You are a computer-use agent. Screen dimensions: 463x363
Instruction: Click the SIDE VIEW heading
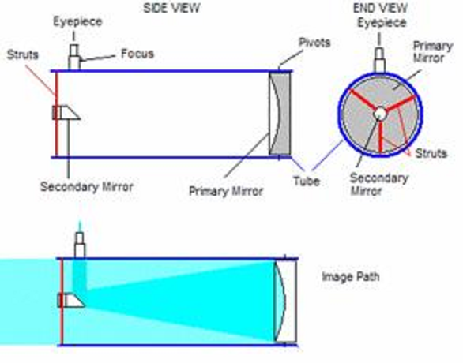coord(171,8)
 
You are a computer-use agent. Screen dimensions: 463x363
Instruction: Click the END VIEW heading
coord(380,8)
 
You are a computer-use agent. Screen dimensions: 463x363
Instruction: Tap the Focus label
coord(137,54)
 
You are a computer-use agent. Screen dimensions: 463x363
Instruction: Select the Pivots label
coord(314,43)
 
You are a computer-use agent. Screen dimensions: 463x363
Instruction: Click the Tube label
coord(307,181)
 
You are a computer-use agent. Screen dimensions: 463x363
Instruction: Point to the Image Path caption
coord(351,277)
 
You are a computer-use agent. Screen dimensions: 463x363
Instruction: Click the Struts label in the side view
coord(23,55)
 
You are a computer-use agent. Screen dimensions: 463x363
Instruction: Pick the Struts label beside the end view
coord(431,153)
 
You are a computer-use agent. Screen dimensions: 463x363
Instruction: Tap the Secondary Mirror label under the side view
coord(87,187)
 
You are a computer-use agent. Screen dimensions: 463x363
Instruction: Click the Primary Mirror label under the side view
coord(226,192)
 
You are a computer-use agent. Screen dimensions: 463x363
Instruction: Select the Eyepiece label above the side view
coord(77,21)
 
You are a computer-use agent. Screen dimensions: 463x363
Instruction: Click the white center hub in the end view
coord(380,114)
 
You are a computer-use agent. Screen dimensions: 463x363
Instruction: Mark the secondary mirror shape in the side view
coord(66,113)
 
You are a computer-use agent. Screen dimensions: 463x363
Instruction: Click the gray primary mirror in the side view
coord(283,113)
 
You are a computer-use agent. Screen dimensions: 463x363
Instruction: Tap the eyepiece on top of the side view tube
coord(73,57)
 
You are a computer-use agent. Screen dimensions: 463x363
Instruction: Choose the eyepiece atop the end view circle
coord(379,61)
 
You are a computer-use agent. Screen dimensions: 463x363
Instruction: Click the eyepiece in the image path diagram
coord(80,245)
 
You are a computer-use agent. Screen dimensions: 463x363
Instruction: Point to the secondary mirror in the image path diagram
coord(71,300)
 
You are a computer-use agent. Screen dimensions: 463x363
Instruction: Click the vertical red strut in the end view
coord(380,137)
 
